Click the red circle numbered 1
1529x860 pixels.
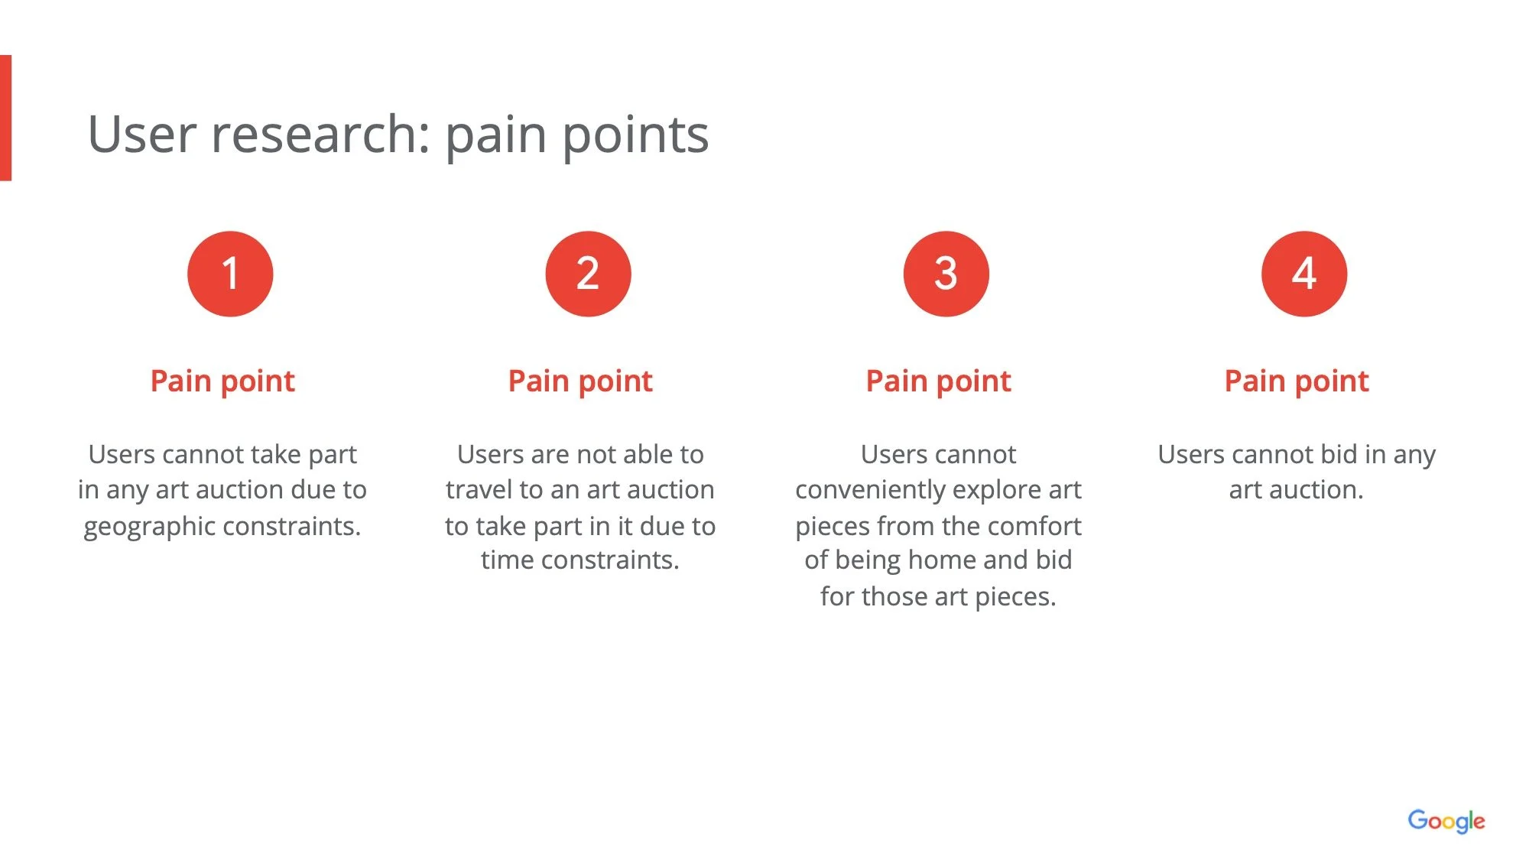(230, 274)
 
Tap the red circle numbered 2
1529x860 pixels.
(588, 274)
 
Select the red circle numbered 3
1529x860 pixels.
(946, 274)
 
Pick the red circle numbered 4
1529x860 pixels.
(1303, 274)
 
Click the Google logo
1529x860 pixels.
(1446, 822)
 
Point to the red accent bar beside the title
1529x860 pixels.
(5, 118)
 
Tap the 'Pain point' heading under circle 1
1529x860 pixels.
(222, 381)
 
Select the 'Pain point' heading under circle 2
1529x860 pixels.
(580, 381)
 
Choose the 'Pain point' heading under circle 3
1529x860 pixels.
(938, 381)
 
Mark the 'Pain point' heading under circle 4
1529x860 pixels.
(1297, 381)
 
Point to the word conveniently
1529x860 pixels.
(871, 490)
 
